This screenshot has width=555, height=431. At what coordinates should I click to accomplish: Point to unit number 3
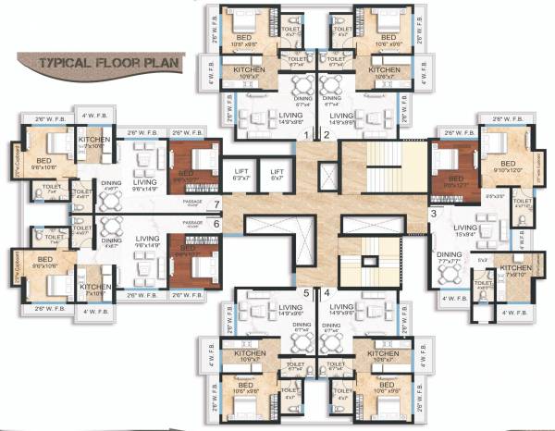click(x=433, y=215)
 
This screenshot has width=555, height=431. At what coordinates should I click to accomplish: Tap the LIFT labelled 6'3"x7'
click(x=240, y=175)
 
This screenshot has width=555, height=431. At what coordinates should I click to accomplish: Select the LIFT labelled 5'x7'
click(x=276, y=175)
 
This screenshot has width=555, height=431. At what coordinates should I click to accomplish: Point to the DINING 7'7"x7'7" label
click(x=450, y=259)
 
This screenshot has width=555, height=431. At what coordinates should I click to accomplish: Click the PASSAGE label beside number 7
click(x=192, y=200)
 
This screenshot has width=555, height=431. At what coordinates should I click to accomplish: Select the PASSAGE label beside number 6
click(x=192, y=223)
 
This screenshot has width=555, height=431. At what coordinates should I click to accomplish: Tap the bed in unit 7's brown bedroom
click(x=190, y=166)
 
